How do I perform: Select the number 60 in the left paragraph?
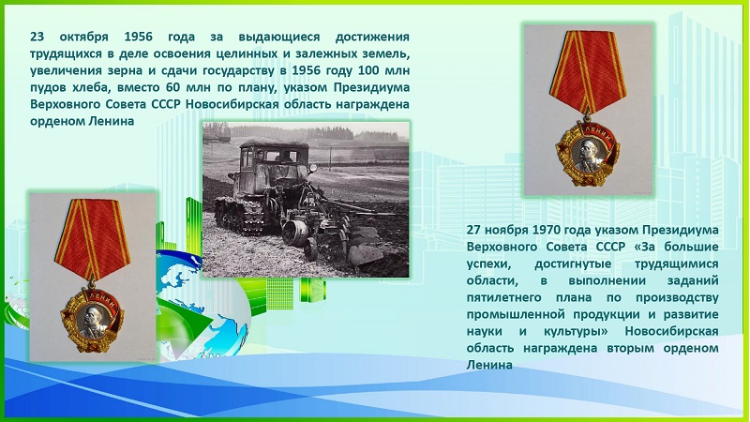coord(172,87)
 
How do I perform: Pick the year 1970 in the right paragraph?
coord(545,230)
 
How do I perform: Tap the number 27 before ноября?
coord(473,230)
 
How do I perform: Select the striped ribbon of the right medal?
coord(588,72)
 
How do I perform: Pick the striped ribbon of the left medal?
coord(92,239)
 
